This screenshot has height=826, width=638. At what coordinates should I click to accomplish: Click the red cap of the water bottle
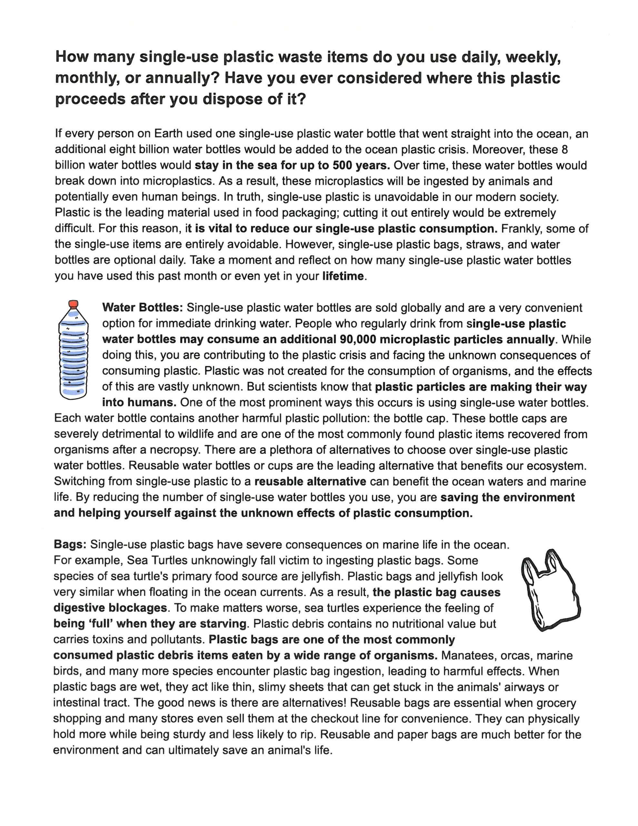[x=73, y=304]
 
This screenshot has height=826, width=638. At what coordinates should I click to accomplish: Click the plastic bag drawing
[x=550, y=590]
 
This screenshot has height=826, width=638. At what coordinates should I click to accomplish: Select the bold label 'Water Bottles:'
[x=143, y=307]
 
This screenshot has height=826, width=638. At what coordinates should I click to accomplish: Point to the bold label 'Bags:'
[x=70, y=544]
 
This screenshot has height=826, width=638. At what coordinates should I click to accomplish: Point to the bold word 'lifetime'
[x=343, y=276]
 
